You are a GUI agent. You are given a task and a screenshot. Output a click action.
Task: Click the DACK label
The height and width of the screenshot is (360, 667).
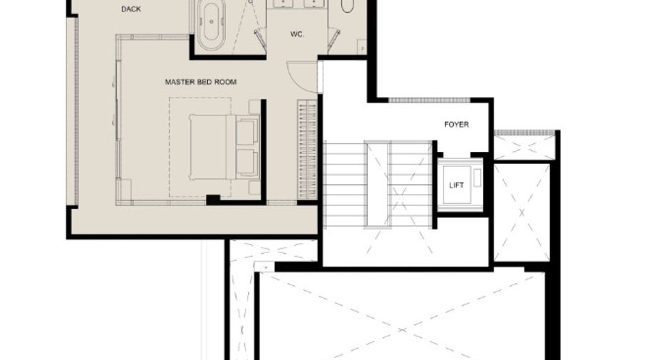131,9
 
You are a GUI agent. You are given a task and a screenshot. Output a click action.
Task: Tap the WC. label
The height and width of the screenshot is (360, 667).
297,34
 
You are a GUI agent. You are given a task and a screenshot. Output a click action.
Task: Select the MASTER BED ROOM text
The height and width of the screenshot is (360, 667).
201,82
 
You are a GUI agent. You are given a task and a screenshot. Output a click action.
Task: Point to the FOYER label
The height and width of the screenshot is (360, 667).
457,124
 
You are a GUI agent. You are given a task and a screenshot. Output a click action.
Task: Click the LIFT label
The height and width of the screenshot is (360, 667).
457,185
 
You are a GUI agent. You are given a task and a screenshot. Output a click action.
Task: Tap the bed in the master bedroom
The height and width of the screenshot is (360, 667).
224,147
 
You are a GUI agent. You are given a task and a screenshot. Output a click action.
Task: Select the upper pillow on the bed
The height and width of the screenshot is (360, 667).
247,132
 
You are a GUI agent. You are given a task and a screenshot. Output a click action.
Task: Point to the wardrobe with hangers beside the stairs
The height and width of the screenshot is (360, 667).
307,150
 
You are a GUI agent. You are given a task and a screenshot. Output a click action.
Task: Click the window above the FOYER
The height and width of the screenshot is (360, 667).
430,101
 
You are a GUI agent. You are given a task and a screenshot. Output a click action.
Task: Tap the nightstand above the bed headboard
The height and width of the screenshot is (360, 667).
254,107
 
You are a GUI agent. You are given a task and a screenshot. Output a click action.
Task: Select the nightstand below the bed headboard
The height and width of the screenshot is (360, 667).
254,187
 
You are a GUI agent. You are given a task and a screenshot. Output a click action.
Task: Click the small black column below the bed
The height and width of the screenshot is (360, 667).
212,200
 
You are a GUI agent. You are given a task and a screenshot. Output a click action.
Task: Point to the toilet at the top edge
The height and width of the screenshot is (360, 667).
347,5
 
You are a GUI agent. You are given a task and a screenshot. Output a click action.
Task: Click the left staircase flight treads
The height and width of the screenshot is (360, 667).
345,185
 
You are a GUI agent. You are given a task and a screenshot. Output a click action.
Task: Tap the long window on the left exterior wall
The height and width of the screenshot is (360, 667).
76,110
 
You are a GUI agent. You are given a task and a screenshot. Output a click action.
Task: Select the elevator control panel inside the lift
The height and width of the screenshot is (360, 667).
477,178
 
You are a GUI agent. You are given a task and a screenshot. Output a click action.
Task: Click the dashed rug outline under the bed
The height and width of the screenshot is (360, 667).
200,148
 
